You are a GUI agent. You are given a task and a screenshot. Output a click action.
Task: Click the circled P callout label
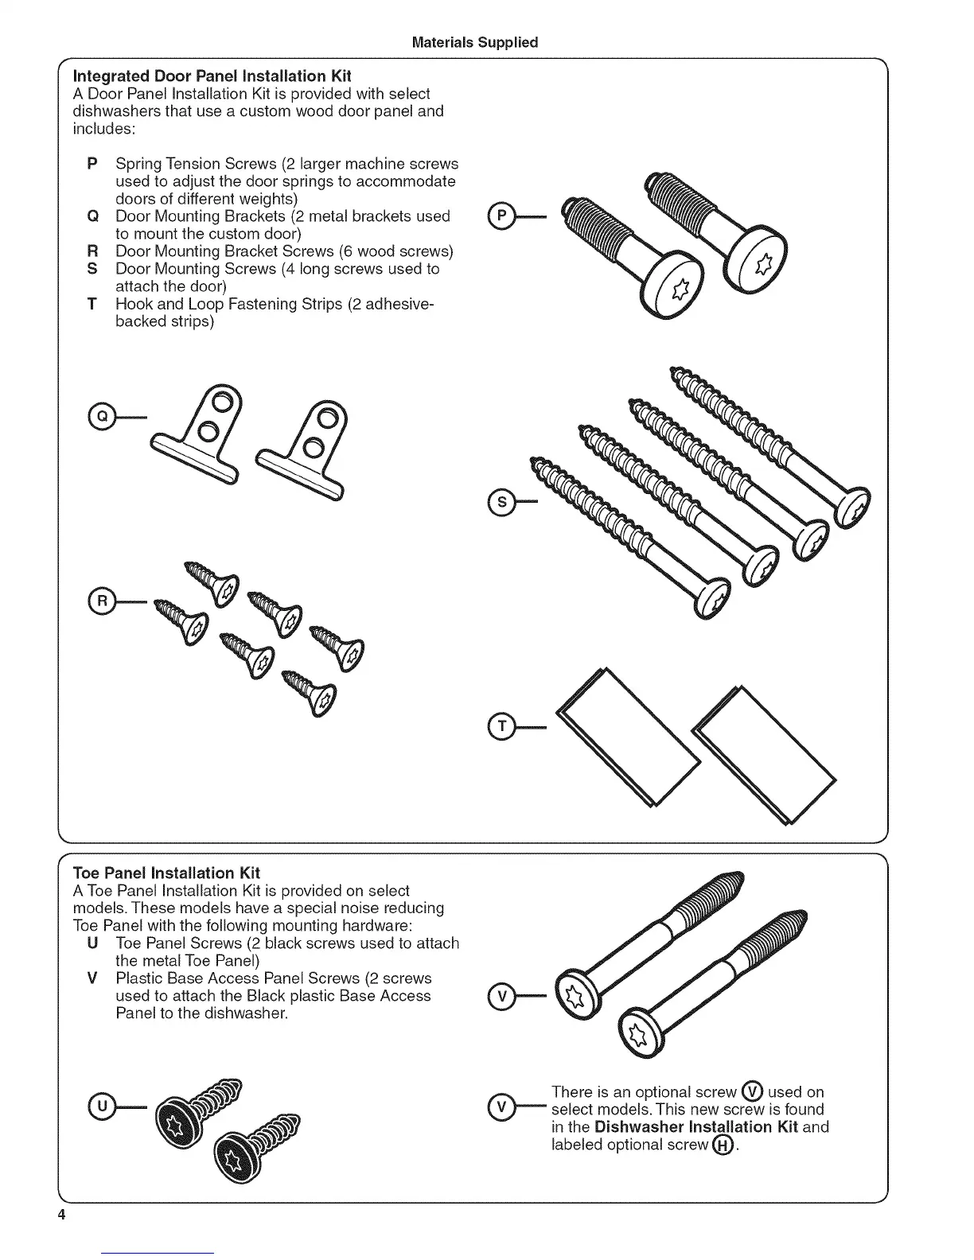501,216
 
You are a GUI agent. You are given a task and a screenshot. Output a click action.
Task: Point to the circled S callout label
501,502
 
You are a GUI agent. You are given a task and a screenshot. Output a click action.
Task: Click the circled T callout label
501,726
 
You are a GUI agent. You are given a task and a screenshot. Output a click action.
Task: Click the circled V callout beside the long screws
501,995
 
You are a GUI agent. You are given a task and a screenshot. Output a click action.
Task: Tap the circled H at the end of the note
723,1145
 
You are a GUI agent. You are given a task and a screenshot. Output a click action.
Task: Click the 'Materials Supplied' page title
475,42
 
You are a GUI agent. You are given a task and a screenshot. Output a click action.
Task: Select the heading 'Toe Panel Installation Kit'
166,873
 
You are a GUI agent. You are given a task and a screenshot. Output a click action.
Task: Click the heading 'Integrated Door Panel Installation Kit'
212,76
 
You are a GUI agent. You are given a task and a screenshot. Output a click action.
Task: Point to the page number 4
60,1216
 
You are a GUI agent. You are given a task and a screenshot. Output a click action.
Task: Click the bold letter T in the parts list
92,304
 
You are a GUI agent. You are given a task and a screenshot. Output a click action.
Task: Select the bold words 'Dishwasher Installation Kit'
695,1127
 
